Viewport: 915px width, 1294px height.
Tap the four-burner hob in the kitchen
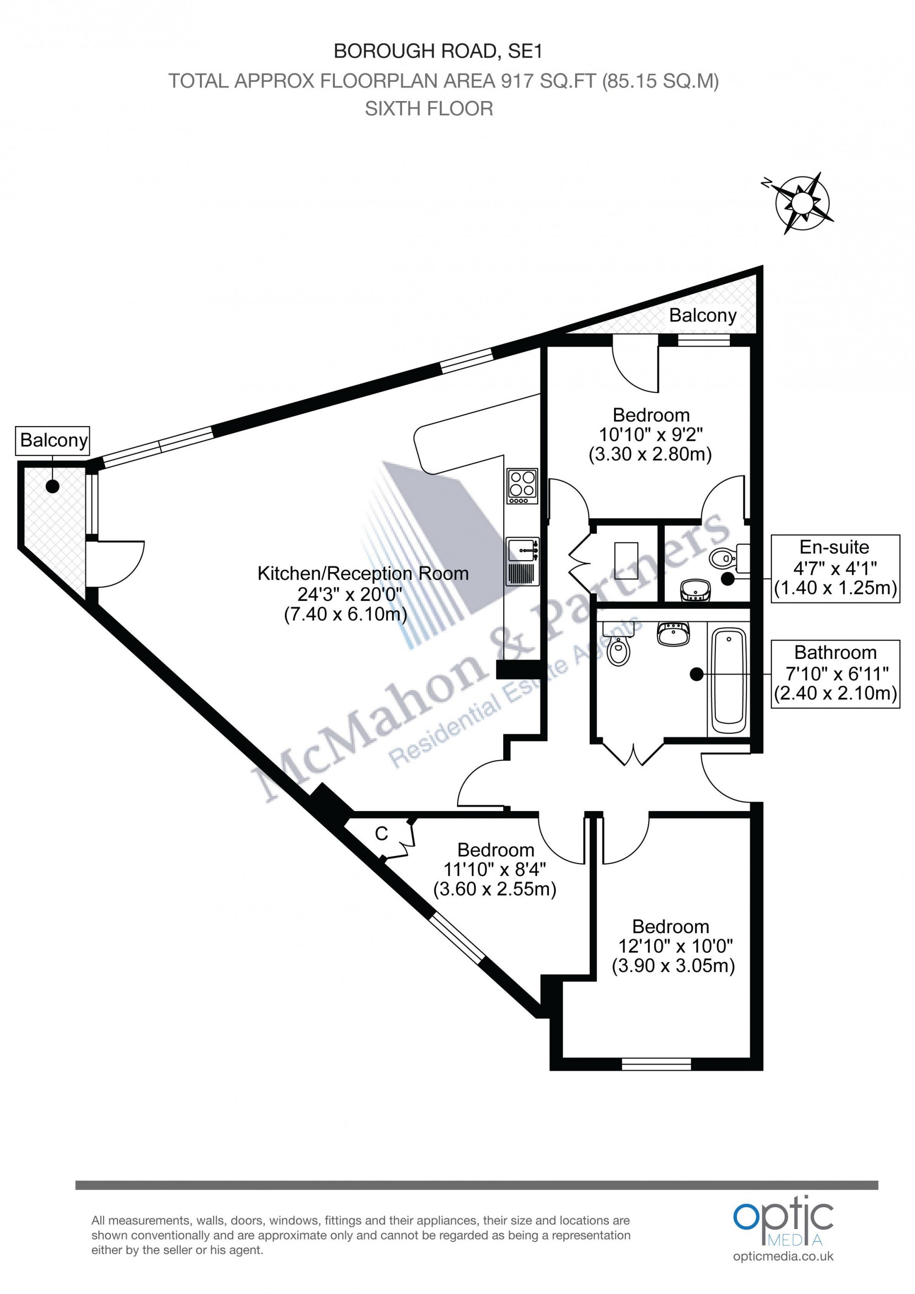point(522,486)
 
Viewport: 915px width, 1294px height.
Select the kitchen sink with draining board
point(522,561)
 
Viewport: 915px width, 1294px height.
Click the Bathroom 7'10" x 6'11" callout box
point(834,674)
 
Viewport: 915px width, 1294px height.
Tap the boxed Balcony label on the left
point(53,441)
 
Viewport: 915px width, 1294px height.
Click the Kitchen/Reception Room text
point(363,574)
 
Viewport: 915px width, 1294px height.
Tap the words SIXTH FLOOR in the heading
point(429,109)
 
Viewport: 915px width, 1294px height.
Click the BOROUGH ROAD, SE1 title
point(438,52)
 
